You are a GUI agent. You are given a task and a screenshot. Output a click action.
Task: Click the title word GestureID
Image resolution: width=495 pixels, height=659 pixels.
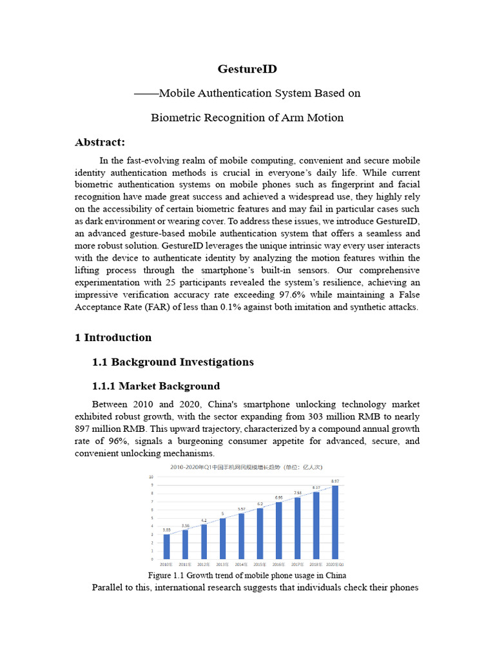[x=247, y=68]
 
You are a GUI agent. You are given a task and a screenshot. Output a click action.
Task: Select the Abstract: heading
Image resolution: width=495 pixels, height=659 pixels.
[x=100, y=142]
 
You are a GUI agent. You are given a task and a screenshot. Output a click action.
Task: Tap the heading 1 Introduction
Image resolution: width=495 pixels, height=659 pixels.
[x=113, y=337]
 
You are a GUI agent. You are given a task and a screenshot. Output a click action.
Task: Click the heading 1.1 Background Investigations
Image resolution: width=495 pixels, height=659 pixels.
[x=173, y=362]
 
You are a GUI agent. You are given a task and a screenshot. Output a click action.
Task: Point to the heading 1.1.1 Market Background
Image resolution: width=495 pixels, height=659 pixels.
[x=156, y=386]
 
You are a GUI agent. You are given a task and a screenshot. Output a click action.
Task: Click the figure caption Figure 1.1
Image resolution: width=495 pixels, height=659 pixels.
[x=247, y=575]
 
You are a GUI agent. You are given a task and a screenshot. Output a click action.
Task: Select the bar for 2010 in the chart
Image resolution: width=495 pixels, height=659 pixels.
[x=167, y=546]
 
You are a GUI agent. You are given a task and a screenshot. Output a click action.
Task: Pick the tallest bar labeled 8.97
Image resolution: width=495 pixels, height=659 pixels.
[x=335, y=522]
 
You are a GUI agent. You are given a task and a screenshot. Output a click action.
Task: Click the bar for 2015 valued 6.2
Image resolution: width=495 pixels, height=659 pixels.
[x=260, y=534]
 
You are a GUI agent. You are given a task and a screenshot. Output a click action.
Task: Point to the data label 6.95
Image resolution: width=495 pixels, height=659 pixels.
[x=278, y=497]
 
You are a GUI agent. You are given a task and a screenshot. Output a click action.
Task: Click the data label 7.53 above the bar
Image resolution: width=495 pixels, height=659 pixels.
[x=297, y=493]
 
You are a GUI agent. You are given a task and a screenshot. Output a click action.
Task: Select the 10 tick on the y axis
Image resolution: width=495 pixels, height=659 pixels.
[x=151, y=478]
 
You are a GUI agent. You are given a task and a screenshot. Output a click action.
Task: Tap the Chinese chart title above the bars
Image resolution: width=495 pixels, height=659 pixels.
[x=247, y=467]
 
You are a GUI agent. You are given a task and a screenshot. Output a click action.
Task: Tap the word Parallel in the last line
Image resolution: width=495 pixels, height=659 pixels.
[x=110, y=588]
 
